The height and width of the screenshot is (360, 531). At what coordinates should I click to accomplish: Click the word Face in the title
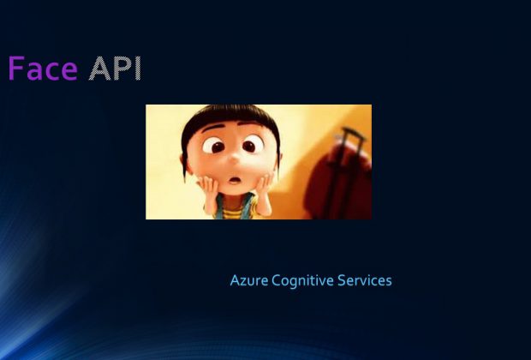[x=42, y=69]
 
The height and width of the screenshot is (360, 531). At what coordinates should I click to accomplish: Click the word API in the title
[x=115, y=69]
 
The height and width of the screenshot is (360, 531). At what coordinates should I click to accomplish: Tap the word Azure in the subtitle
[x=248, y=280]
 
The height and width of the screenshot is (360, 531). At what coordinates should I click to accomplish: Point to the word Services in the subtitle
[x=365, y=280]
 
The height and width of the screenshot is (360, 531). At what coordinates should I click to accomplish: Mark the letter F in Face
[x=16, y=69]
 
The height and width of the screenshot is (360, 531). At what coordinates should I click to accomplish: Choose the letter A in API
[x=98, y=69]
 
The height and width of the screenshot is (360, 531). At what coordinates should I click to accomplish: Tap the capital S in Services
[x=342, y=280]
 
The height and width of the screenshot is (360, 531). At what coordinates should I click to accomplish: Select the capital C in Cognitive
[x=276, y=280]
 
